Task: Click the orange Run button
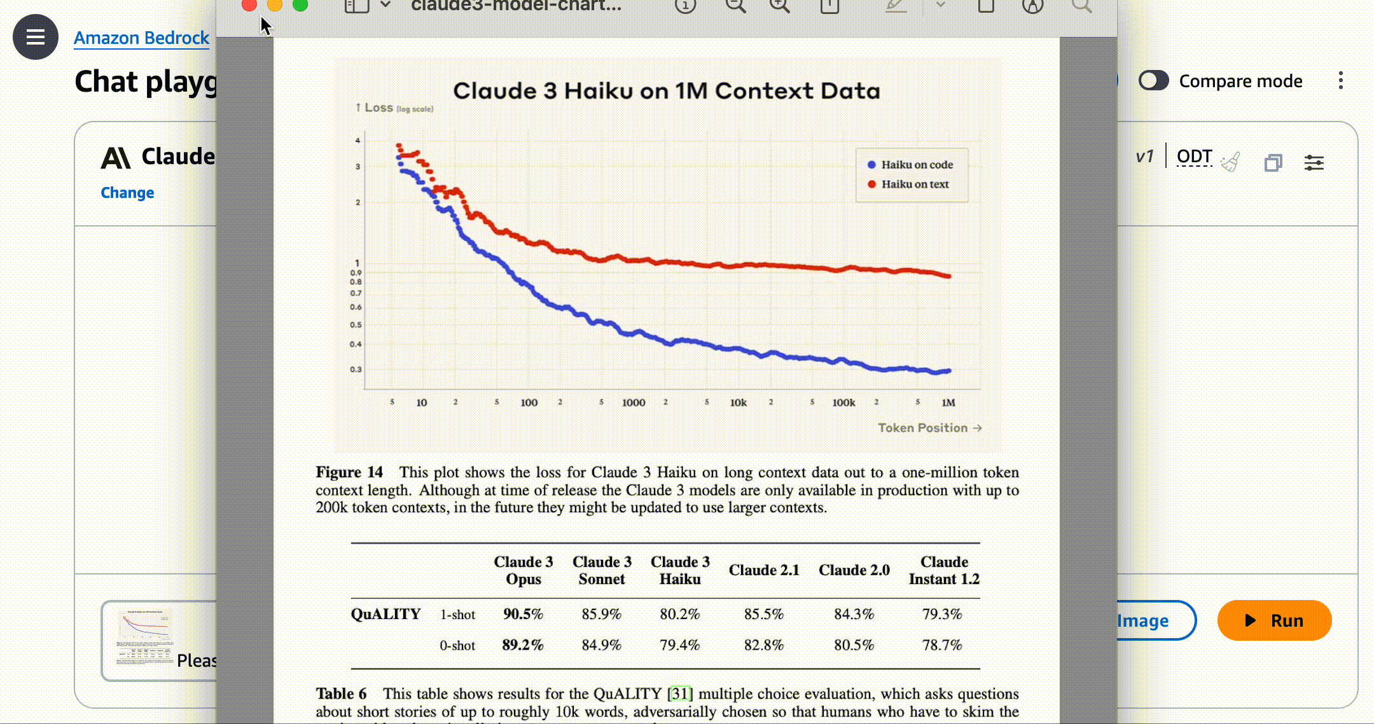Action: (1274, 620)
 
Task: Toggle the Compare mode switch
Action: (1153, 81)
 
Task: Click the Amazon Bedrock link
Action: (141, 38)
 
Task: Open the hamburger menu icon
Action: (36, 37)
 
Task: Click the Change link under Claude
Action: (127, 193)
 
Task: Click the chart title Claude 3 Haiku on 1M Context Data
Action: (666, 91)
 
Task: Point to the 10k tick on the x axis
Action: (738, 403)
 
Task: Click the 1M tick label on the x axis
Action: (948, 403)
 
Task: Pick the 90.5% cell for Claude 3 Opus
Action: (523, 614)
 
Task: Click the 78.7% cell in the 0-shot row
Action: (942, 645)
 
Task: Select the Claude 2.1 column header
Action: (764, 570)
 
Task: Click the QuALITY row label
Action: (385, 614)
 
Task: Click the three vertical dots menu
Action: (1340, 81)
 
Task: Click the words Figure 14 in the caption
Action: (349, 472)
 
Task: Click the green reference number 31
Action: (679, 693)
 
